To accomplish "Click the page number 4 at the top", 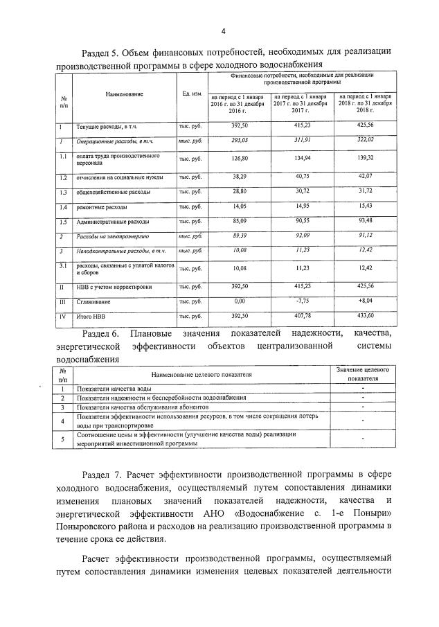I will pyautogui.click(x=223, y=30).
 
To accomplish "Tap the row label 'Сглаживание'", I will pyautogui.click(x=93, y=302).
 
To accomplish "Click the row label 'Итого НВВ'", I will pyautogui.click(x=91, y=318).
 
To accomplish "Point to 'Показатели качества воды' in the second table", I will pyautogui.click(x=114, y=389).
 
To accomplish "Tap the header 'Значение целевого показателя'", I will pyautogui.click(x=363, y=375).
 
